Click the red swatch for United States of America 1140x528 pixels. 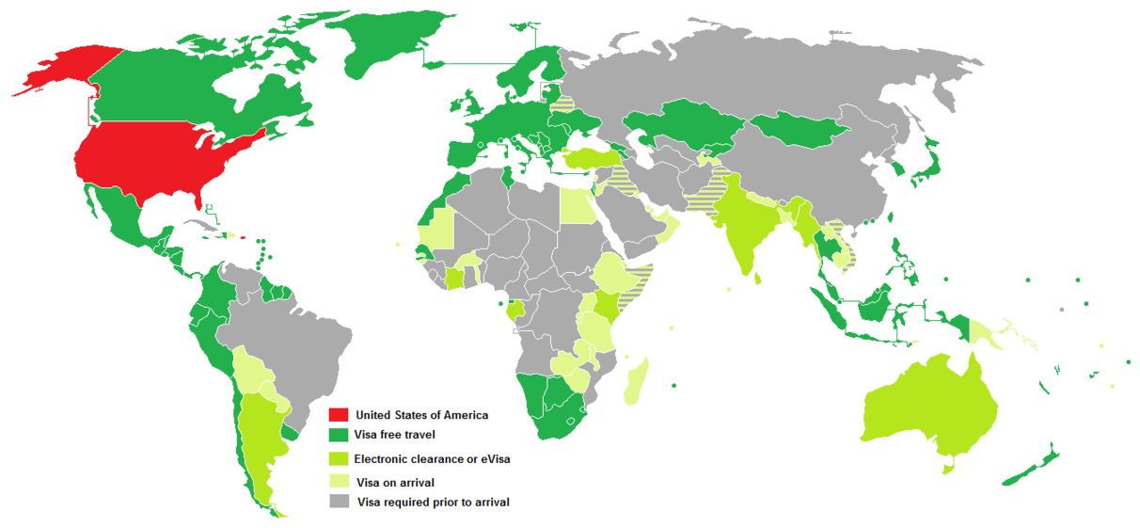pyautogui.click(x=339, y=414)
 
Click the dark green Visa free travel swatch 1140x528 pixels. pyautogui.click(x=339, y=436)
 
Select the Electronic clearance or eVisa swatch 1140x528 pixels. pyautogui.click(x=339, y=459)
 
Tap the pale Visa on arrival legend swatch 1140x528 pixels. pyautogui.click(x=339, y=481)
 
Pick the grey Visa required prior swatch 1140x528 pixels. pyautogui.click(x=339, y=503)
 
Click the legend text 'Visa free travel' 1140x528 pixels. pyautogui.click(x=395, y=436)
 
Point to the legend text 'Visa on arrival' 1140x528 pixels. pyautogui.click(x=395, y=483)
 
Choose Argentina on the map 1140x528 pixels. pyautogui.click(x=256, y=442)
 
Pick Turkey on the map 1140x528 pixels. pyautogui.click(x=592, y=161)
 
